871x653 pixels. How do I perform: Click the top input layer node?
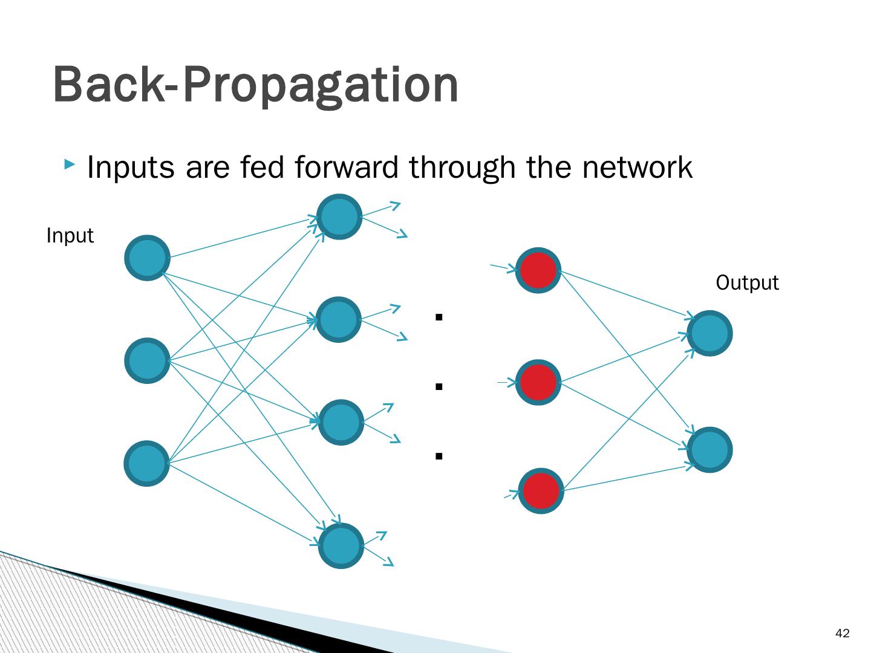[147, 258]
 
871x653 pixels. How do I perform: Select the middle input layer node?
[147, 360]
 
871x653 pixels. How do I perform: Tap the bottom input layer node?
[147, 463]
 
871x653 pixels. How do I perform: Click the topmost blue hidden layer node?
[340, 216]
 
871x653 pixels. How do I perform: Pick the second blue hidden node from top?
[340, 319]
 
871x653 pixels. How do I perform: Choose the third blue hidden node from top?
[341, 422]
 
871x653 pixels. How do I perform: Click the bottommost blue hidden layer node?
[341, 545]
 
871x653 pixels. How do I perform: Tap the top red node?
[538, 270]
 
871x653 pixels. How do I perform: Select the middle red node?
[538, 382]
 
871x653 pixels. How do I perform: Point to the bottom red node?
[540, 491]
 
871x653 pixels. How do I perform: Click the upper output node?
[710, 333]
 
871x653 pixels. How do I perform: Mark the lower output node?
[710, 450]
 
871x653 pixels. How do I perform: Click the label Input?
[70, 236]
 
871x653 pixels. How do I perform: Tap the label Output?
[747, 283]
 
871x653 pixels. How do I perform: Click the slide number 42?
[842, 634]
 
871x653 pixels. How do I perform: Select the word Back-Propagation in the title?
[255, 85]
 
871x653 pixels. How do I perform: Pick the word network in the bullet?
[637, 167]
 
